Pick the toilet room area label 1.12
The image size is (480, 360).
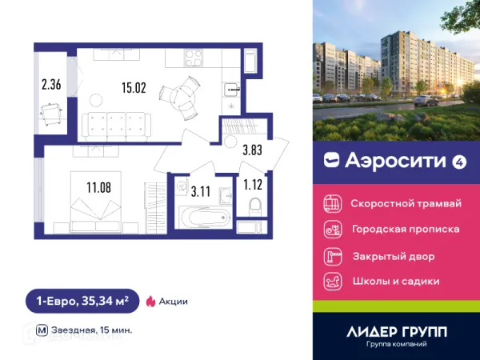point(254,184)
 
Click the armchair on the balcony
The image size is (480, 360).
point(52,117)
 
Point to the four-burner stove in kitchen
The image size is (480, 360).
point(194,58)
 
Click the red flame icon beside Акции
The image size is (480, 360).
point(150,302)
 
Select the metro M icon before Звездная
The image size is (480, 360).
point(41,330)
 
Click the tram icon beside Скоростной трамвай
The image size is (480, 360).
point(331,202)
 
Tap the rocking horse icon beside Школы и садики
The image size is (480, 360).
point(331,282)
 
